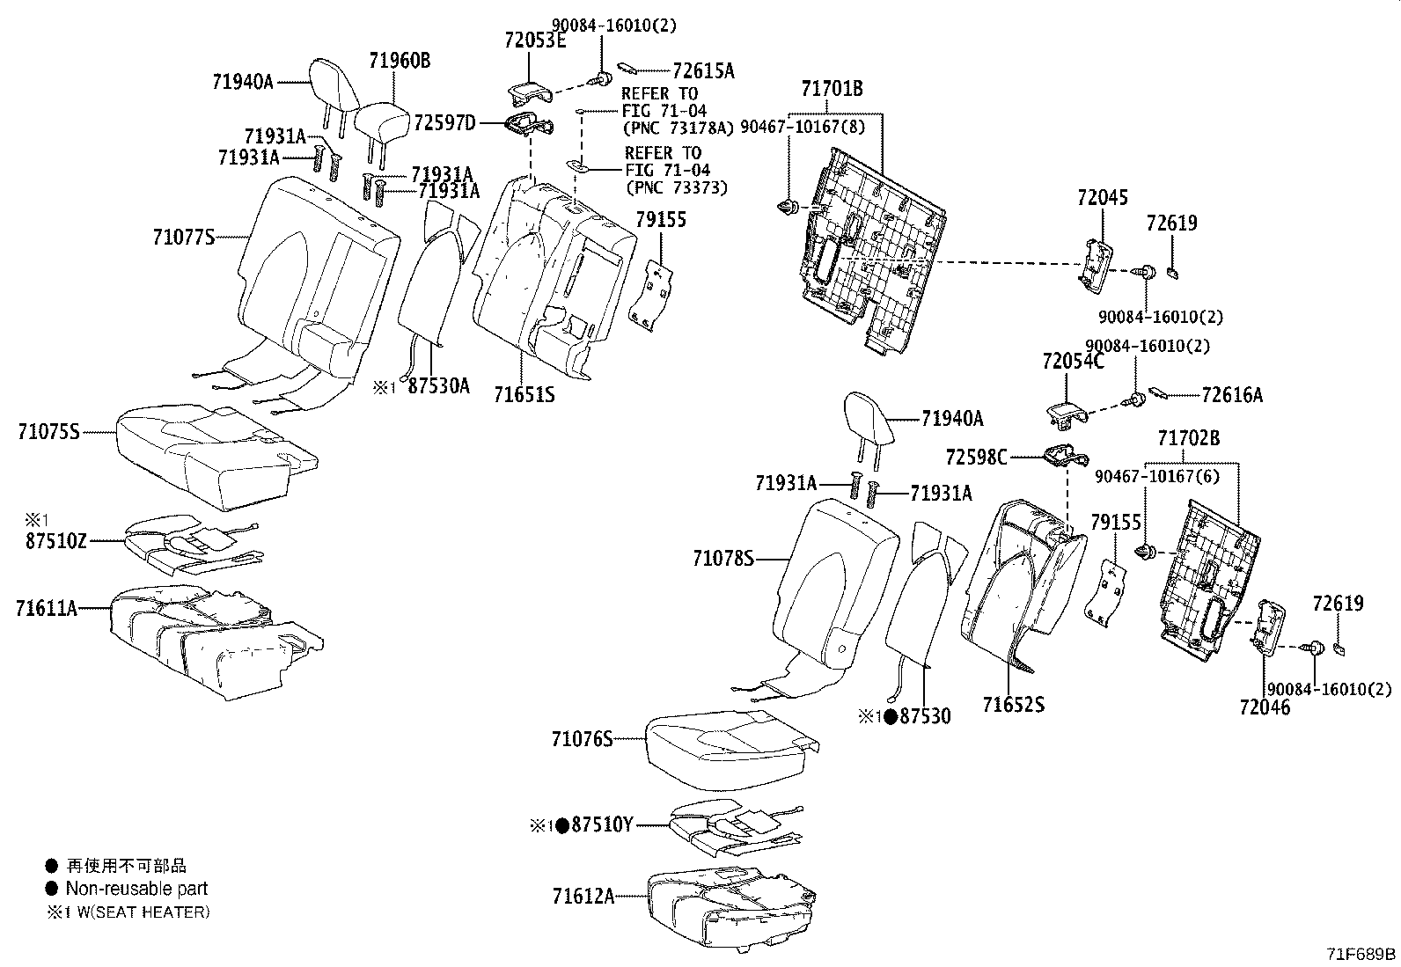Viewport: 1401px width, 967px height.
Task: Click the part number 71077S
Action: [184, 237]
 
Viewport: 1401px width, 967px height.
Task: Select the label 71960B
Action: [400, 61]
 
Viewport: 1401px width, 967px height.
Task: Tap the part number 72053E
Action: [535, 40]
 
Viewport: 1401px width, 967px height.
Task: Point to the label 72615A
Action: [703, 71]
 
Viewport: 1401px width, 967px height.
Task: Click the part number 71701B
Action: [832, 89]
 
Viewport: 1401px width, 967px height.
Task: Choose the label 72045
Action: [1102, 198]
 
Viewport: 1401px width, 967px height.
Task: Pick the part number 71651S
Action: [524, 395]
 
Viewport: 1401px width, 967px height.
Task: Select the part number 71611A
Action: [47, 607]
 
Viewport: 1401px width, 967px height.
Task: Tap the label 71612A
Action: [583, 897]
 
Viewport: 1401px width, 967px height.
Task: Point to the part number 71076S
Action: [583, 739]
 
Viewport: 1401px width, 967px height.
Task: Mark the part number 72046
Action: [1265, 707]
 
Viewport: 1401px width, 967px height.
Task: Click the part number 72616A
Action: [1232, 396]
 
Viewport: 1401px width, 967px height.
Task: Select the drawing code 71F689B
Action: [1361, 954]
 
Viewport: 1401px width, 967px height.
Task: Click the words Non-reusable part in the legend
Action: [136, 889]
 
